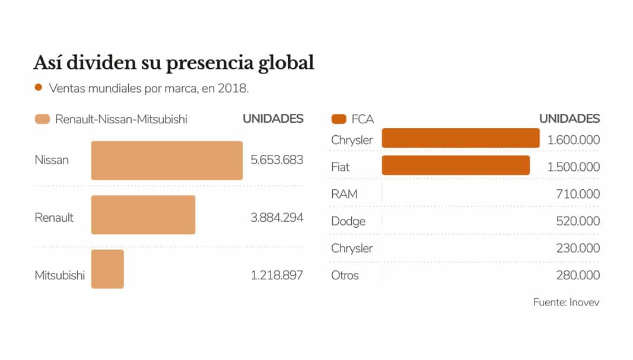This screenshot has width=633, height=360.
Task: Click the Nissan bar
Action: [x=167, y=160]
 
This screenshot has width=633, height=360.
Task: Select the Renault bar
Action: [x=143, y=215]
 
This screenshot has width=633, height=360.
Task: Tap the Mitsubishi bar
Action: [x=107, y=269]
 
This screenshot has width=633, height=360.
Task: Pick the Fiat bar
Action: [x=456, y=165]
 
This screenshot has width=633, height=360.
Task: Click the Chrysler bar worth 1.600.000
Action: [x=460, y=138]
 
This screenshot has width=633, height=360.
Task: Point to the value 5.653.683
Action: [x=276, y=160]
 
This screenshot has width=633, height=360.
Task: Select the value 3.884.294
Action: [x=276, y=218]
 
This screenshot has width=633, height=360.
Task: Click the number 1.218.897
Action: [x=276, y=275]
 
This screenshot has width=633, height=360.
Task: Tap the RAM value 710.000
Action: [x=574, y=194]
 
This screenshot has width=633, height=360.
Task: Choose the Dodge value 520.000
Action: [x=574, y=221]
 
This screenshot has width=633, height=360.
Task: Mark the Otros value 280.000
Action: [x=574, y=275]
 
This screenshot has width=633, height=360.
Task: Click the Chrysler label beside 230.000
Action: [x=352, y=249]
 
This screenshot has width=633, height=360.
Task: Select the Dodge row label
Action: [x=348, y=221]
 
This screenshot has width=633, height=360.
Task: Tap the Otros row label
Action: [x=345, y=275]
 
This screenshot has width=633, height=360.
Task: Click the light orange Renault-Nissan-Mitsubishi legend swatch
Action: [x=42, y=119]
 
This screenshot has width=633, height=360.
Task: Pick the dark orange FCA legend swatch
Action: [x=339, y=119]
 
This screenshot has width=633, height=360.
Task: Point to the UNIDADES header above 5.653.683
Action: [x=273, y=119]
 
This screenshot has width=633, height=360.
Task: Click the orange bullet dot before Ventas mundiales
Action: [x=39, y=88]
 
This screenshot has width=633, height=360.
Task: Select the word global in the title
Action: [x=281, y=63]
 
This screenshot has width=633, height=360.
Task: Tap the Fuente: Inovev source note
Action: [x=566, y=302]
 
